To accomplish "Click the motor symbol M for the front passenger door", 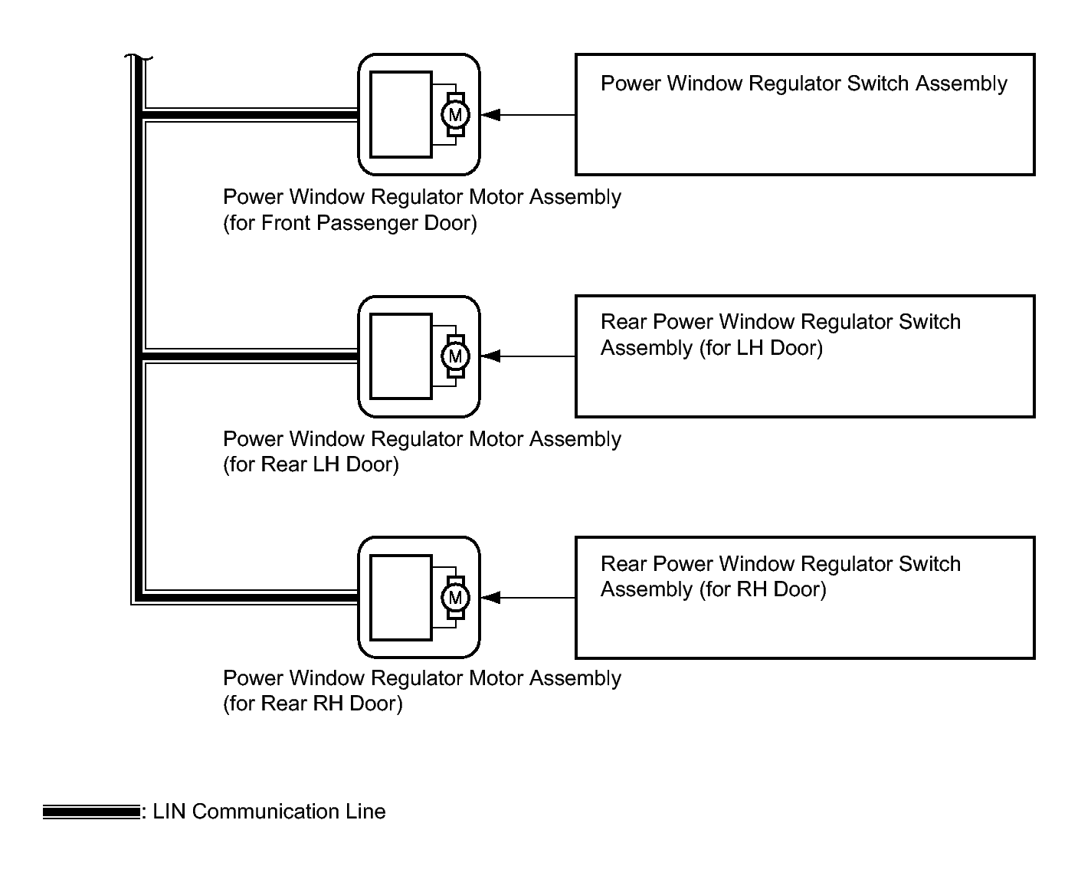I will coord(456,115).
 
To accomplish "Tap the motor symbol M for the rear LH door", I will coord(456,356).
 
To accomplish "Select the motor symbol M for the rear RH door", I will coord(456,598).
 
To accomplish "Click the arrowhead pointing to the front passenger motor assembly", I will coord(491,115).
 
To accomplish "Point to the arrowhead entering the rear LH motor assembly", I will coord(491,356).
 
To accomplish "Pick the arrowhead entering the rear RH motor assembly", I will coord(491,598).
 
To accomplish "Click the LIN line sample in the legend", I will coord(90,812).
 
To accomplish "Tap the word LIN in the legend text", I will coord(169,812).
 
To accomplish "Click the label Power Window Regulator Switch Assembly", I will coord(804,84).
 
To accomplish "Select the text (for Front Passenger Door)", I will coord(350,223).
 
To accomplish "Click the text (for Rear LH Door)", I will coord(311,464).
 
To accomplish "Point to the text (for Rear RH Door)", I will coord(313,704).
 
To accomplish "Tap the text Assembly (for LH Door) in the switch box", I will coord(712,348).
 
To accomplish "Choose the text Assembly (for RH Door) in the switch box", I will coord(713,589).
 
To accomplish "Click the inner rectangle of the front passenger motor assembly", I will coord(401,115).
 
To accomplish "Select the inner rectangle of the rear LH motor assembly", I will coord(401,356).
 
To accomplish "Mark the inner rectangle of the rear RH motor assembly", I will coord(401,598).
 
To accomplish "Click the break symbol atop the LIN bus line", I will coord(139,57).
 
